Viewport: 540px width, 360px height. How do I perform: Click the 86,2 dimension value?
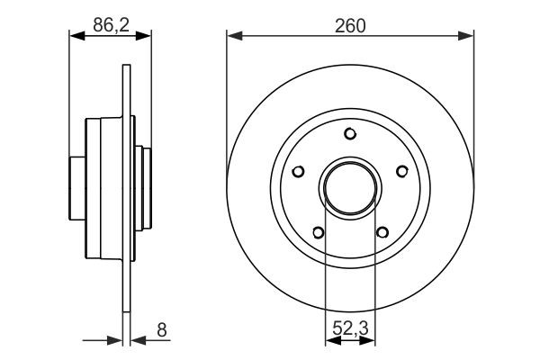click(x=110, y=26)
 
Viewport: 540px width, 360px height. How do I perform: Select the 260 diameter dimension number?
click(x=351, y=26)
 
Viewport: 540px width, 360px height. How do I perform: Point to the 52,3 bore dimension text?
click(x=350, y=330)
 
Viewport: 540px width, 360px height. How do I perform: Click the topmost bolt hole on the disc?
click(x=350, y=135)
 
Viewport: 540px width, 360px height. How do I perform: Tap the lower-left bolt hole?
click(x=317, y=234)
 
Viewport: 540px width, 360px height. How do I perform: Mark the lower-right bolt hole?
click(x=382, y=234)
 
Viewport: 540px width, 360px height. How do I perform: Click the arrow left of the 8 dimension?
click(x=114, y=341)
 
